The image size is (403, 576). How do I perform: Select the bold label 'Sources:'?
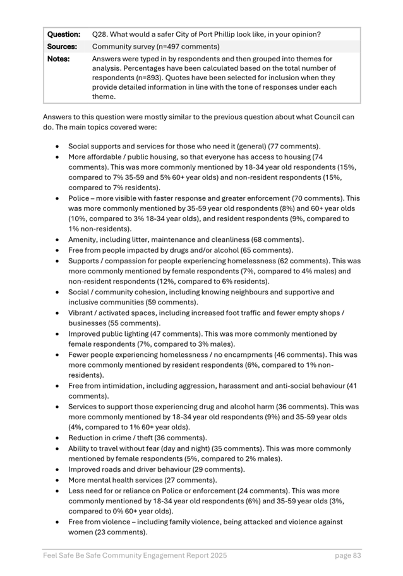(x=62, y=46)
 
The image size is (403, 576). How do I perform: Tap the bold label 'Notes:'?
(x=58, y=59)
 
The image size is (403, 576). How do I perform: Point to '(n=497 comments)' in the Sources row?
(x=188, y=46)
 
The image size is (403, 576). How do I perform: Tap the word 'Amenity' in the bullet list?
(x=84, y=239)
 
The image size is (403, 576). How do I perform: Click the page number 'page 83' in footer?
(x=347, y=556)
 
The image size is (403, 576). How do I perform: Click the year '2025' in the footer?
(x=217, y=556)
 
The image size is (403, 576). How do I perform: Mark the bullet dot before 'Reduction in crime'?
(x=58, y=438)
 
